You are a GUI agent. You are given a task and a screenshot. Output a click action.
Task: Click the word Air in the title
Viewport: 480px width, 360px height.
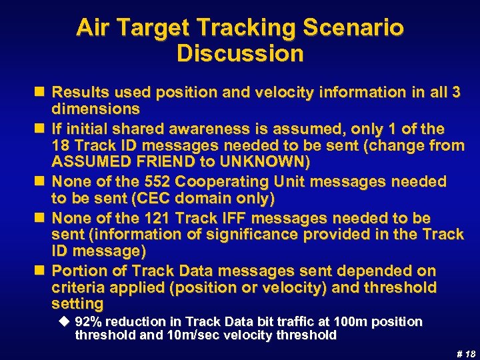[x=93, y=28]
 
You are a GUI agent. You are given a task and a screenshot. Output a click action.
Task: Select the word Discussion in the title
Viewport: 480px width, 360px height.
[x=240, y=53]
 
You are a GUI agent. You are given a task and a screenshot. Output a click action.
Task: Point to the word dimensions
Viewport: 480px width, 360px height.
[x=96, y=109]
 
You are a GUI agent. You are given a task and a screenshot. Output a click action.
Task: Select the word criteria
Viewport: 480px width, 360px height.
[x=75, y=288]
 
